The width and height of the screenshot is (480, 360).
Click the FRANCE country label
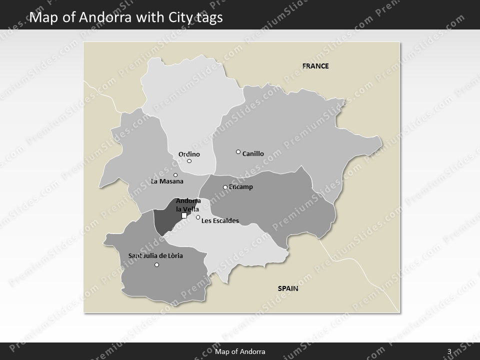[315, 65]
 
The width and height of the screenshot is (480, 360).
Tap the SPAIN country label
[288, 288]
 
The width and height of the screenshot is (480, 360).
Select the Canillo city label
[253, 154]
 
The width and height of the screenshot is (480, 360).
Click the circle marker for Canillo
[238, 152]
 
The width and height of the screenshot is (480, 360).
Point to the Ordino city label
[189, 154]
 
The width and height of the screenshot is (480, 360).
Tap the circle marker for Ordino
[189, 161]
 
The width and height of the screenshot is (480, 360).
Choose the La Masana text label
[167, 181]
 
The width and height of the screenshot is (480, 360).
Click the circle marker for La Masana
[175, 175]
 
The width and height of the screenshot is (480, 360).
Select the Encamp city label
[241, 187]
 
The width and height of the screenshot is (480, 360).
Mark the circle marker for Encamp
[225, 187]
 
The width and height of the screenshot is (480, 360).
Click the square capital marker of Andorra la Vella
[184, 215]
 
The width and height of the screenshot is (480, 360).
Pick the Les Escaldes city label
[220, 220]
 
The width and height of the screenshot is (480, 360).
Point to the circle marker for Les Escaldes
[198, 217]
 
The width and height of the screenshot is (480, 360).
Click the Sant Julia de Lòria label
[155, 256]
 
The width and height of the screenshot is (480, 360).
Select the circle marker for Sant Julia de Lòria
[157, 265]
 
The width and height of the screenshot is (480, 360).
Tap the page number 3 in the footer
[449, 351]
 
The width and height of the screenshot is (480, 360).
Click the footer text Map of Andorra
[240, 351]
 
